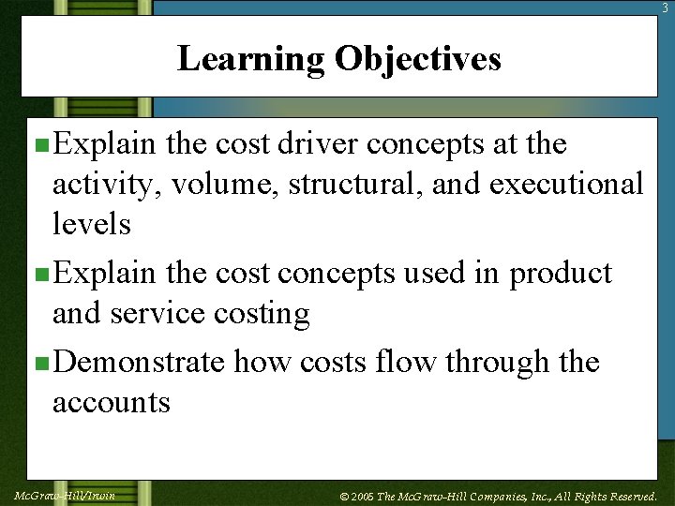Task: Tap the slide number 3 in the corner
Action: pyautogui.click(x=667, y=7)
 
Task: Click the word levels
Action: pyautogui.click(x=92, y=224)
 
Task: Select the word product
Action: pyautogui.click(x=560, y=274)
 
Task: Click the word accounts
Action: pyautogui.click(x=112, y=402)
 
